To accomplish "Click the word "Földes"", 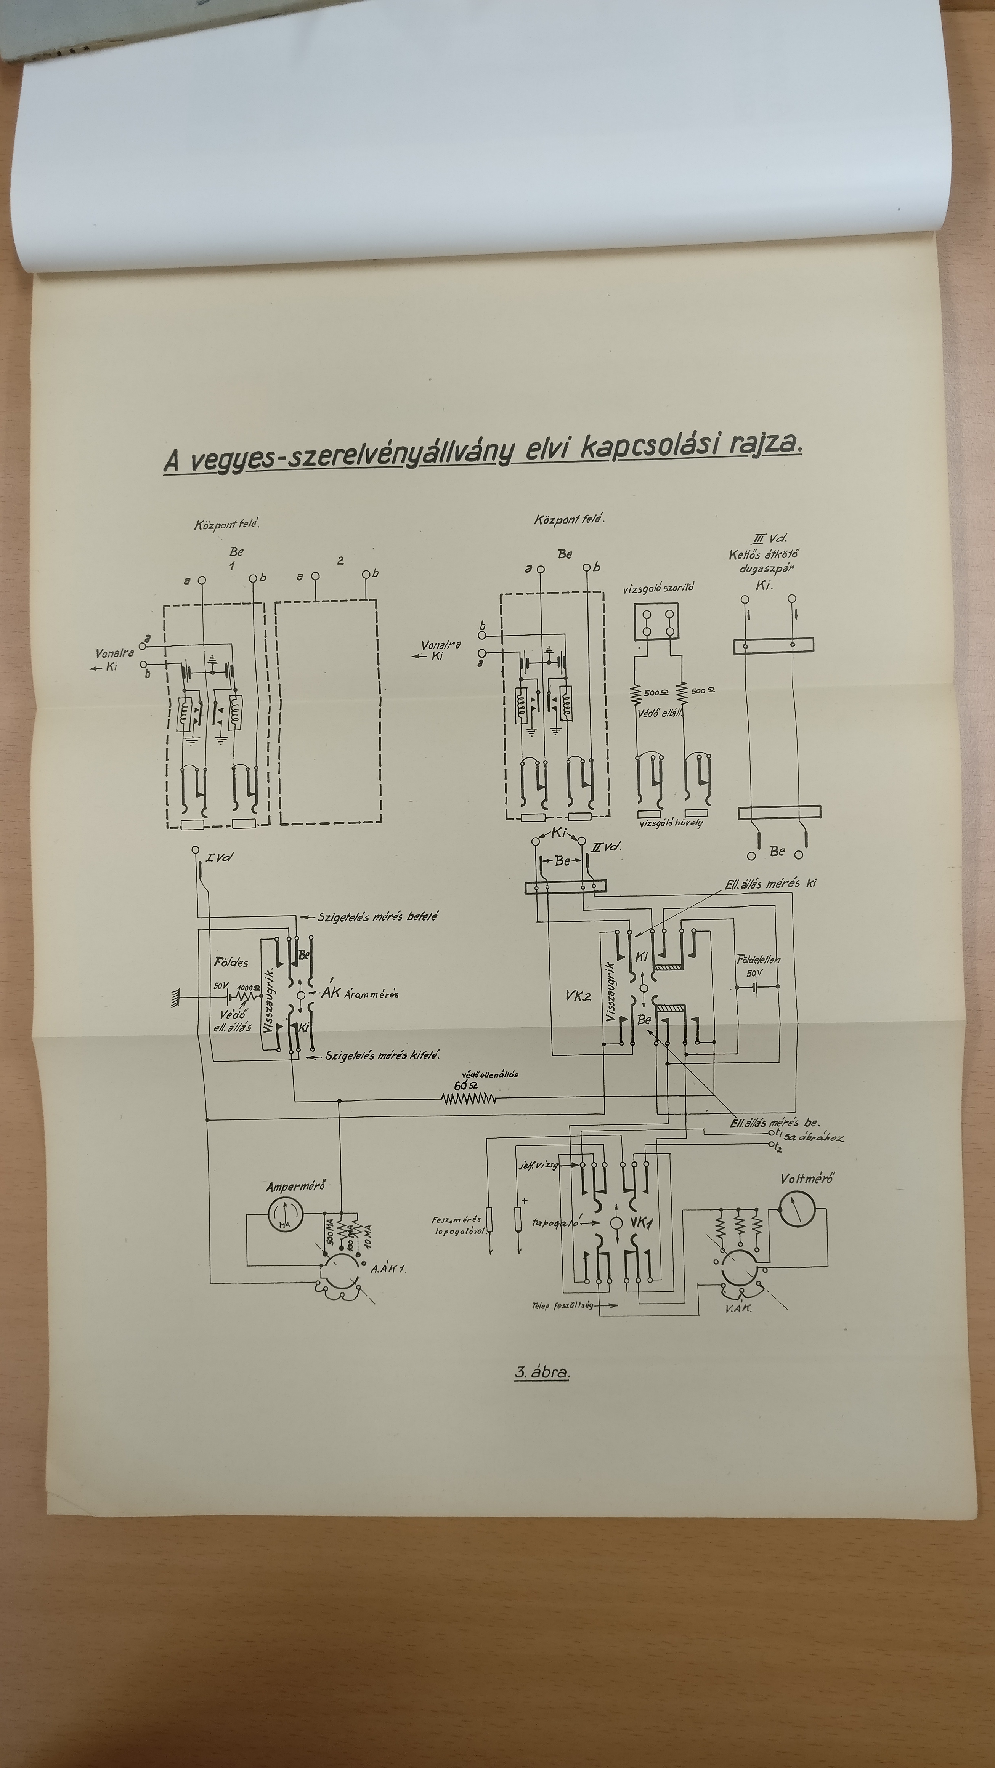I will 231,962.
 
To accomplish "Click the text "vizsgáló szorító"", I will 658,588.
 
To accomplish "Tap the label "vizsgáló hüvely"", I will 671,822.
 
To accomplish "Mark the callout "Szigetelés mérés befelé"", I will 378,916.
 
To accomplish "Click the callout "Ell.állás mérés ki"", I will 770,883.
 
